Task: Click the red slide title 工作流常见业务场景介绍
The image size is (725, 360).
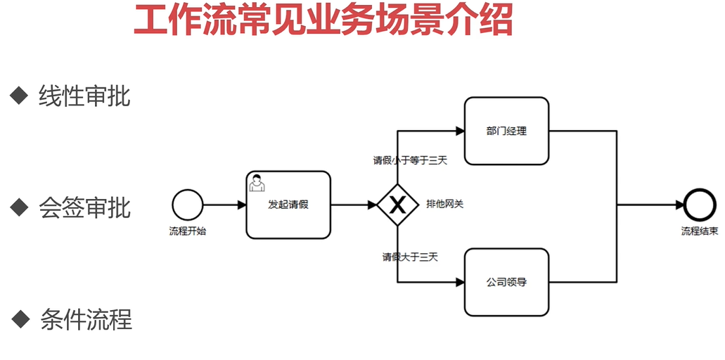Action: pyautogui.click(x=323, y=20)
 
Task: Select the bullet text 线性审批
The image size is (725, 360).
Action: pyautogui.click(x=84, y=96)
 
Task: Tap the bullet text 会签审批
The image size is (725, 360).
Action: pyautogui.click(x=84, y=207)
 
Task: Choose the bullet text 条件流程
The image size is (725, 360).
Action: pyautogui.click(x=86, y=319)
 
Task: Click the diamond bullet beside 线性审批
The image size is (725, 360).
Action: pyautogui.click(x=19, y=95)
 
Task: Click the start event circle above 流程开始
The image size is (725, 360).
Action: pyautogui.click(x=187, y=205)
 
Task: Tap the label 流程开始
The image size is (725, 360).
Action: pyautogui.click(x=188, y=231)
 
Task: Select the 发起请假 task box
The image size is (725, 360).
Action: pyautogui.click(x=288, y=205)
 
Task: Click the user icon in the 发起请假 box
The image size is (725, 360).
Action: pyautogui.click(x=258, y=182)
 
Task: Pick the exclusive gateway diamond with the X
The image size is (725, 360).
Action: pyautogui.click(x=398, y=205)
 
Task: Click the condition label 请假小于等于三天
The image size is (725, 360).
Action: pyautogui.click(x=410, y=160)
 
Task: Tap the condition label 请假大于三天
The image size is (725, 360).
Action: pyautogui.click(x=410, y=257)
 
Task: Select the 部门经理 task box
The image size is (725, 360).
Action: pyautogui.click(x=506, y=131)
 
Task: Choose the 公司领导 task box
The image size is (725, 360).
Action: pyautogui.click(x=506, y=282)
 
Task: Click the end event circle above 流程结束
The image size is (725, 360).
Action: pyautogui.click(x=699, y=205)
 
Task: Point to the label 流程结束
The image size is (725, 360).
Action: pyautogui.click(x=700, y=231)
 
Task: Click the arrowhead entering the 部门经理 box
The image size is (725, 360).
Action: pyautogui.click(x=459, y=131)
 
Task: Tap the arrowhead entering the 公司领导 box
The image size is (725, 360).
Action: pyautogui.click(x=459, y=282)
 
